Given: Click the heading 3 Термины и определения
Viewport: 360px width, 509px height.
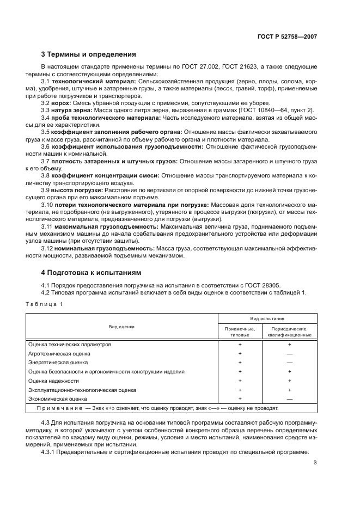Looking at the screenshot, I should coord(89,54).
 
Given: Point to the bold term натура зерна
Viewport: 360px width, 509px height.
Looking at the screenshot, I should coord(71,110).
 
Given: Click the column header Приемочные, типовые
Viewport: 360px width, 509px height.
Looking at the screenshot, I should coord(240,332).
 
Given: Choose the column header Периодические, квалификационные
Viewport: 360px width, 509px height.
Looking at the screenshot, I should coord(289,332).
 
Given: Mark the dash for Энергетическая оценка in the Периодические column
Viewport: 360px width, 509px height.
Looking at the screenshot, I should coord(289,363).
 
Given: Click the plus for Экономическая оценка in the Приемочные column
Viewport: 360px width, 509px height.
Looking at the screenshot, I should coord(240,399).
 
